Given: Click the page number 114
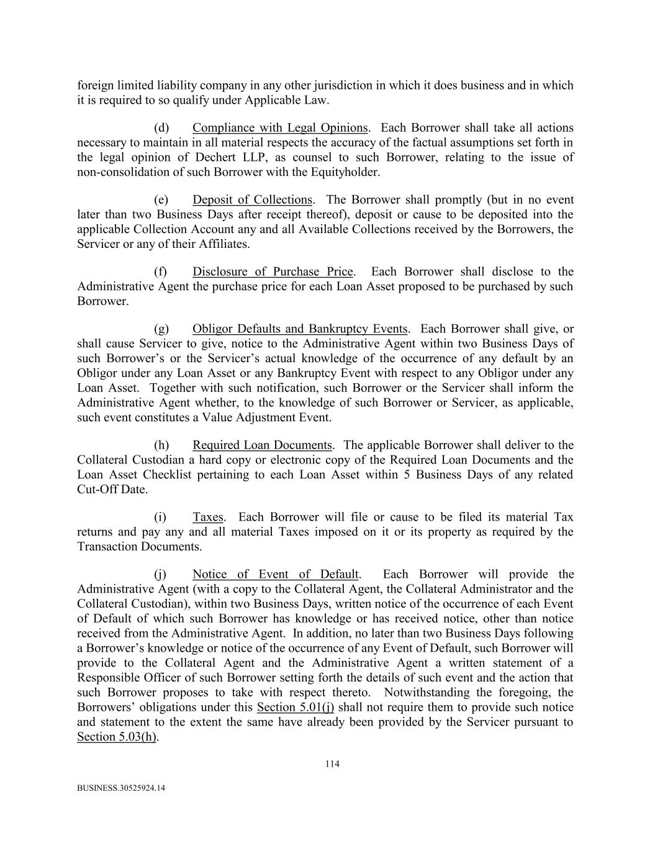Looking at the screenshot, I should pos(332,764).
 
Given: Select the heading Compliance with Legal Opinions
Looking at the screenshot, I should pos(280,128).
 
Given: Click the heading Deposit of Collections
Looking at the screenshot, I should pos(252,200).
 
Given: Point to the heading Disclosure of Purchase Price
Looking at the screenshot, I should pos(273,272).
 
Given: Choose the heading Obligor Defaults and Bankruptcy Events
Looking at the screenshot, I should pos(300,329).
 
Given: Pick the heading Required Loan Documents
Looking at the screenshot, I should pos(262,445).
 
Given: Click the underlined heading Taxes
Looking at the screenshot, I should pos(207,517).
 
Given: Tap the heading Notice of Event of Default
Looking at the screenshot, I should pos(275,575).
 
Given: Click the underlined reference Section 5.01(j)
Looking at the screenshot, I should pos(295,708).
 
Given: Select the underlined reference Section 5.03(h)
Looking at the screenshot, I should pos(117,737).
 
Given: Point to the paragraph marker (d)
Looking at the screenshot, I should pos(161,128).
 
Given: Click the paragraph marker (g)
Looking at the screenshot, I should pos(161,329).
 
